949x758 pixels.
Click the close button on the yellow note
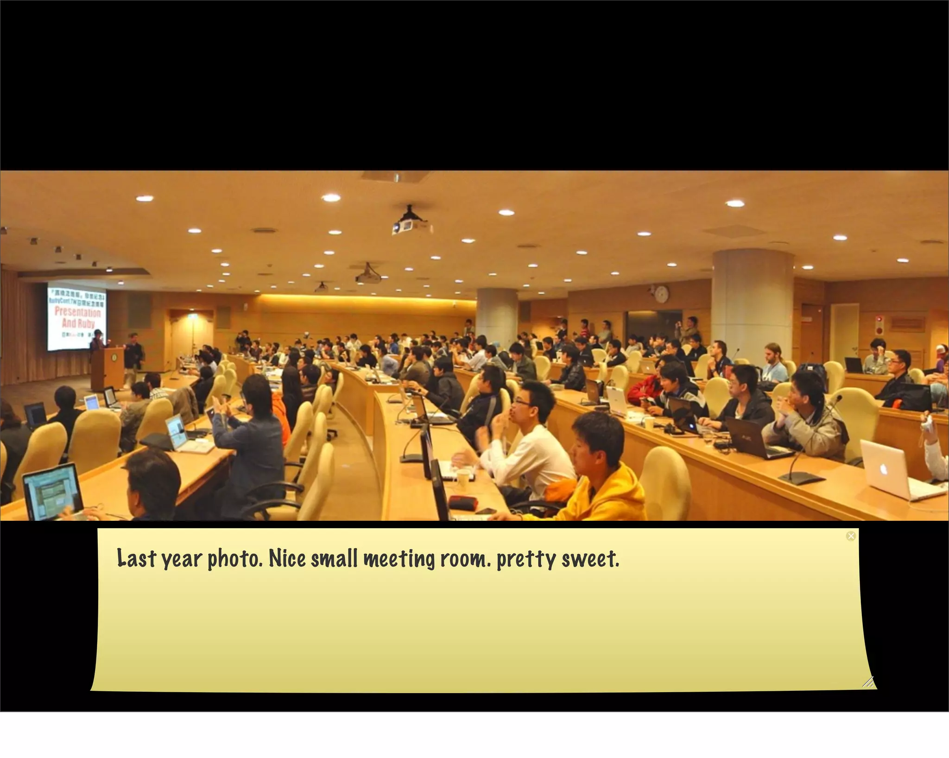851,536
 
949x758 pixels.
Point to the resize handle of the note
868,682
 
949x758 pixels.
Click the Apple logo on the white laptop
883,468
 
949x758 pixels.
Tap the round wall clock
662,293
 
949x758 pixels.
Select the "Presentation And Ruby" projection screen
77,316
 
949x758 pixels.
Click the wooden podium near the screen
107,368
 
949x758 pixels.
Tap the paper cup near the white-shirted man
464,479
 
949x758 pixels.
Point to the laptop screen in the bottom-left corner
51,489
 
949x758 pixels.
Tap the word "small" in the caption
334,558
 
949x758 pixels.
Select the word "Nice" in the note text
287,558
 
